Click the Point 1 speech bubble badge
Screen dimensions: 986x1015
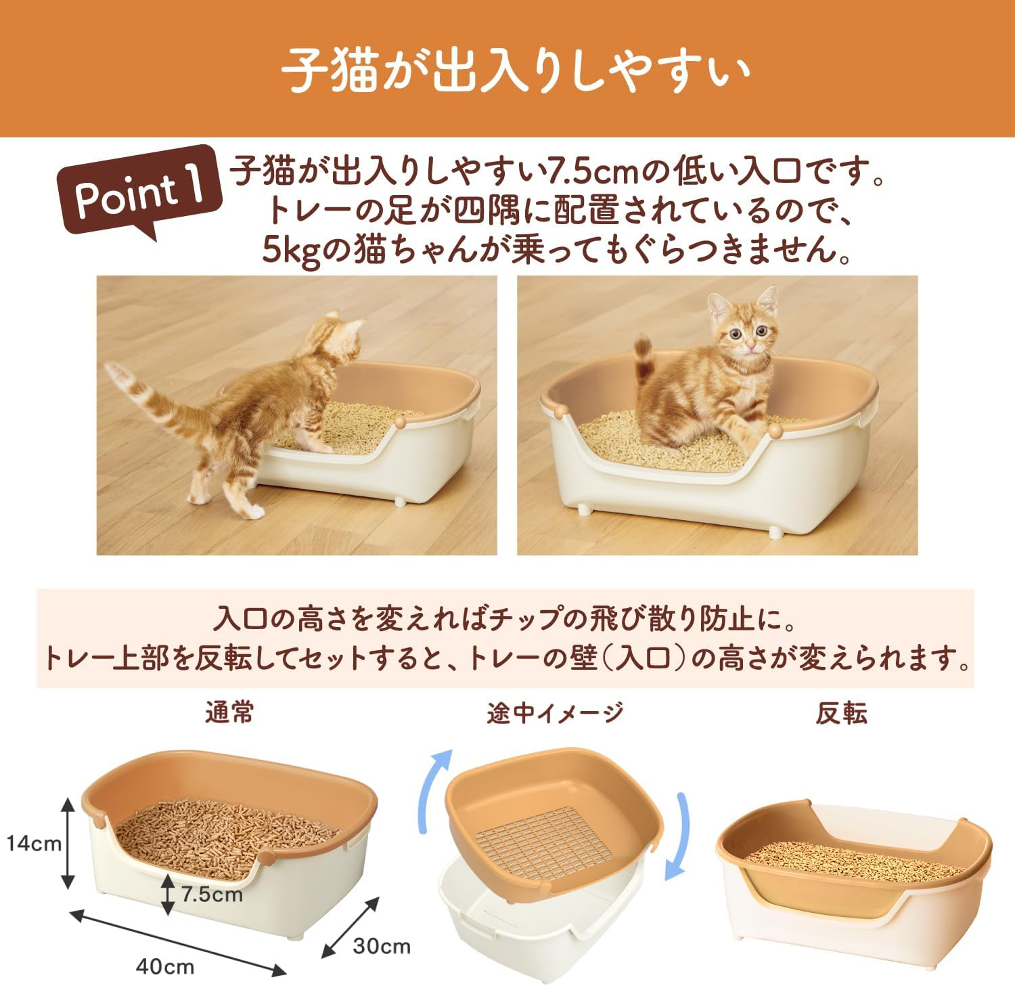click(139, 192)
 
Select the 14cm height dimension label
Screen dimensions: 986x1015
click(34, 843)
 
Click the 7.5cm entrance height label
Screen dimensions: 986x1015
click(212, 894)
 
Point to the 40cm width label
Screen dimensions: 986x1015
click(165, 966)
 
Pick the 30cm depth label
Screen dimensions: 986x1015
click(382, 945)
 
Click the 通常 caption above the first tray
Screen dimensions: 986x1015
click(230, 713)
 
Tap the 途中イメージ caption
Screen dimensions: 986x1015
click(555, 713)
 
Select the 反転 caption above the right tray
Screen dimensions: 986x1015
click(841, 713)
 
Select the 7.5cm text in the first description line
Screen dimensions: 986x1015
click(592, 173)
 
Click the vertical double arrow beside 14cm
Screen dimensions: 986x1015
click(68, 843)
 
